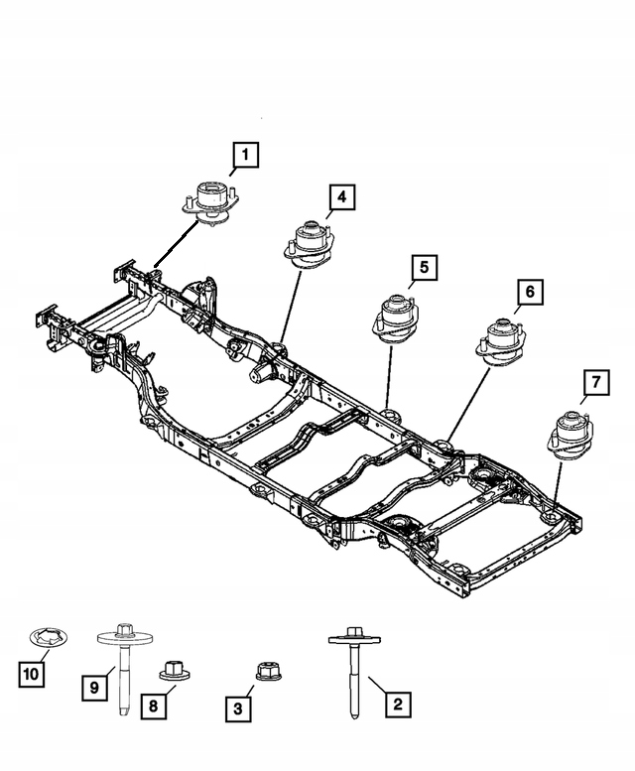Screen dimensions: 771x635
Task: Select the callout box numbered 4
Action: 340,198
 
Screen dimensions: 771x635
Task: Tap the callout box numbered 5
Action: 423,267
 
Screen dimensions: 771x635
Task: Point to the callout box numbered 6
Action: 529,292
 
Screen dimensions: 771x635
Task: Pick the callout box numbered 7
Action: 595,381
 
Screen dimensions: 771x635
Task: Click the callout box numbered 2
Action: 398,706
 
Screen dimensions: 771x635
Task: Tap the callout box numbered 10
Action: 32,675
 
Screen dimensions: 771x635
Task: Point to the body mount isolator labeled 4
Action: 310,244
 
